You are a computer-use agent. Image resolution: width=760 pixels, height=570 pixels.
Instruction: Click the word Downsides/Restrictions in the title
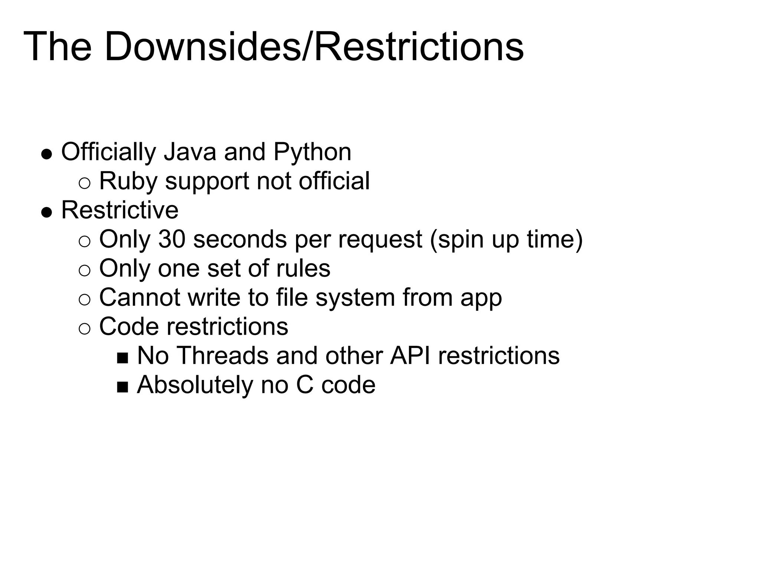(x=314, y=47)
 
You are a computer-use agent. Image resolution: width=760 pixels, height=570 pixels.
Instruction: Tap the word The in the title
(x=58, y=47)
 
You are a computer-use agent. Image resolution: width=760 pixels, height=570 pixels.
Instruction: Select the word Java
(x=190, y=152)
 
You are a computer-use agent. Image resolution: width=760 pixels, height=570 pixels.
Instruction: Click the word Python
(x=312, y=153)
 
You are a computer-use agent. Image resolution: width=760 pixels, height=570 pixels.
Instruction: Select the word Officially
(x=108, y=152)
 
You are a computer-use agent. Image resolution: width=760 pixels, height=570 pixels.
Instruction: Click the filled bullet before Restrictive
(x=46, y=212)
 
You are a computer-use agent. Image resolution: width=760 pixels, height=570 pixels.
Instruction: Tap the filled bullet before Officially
(x=46, y=154)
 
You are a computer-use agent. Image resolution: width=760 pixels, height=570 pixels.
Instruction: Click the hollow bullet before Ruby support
(x=85, y=183)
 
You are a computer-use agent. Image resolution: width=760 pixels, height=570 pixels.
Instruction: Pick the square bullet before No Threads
(x=122, y=358)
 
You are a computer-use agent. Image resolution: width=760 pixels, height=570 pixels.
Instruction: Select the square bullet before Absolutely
(x=122, y=387)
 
